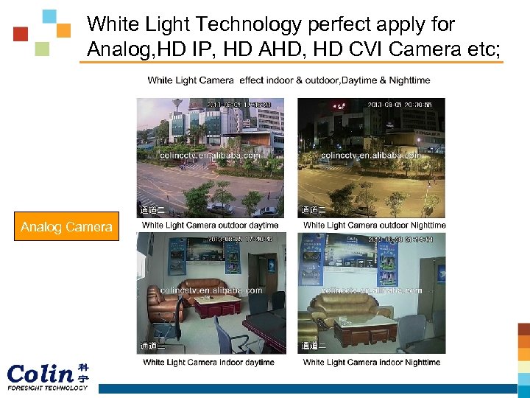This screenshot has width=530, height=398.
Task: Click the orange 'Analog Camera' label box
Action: (x=66, y=227)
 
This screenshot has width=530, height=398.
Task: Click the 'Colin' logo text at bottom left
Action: (x=40, y=374)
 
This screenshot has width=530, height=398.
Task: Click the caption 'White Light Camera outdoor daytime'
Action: (x=211, y=225)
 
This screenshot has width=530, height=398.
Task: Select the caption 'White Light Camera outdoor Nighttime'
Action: (x=374, y=225)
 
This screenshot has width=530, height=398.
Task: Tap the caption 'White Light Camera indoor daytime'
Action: (x=208, y=362)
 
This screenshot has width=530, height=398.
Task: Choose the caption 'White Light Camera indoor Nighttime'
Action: (x=371, y=362)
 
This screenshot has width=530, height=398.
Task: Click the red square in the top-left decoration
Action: (x=21, y=34)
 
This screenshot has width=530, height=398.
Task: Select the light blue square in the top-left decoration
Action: (x=49, y=16)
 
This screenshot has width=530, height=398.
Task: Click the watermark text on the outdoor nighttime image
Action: (x=371, y=156)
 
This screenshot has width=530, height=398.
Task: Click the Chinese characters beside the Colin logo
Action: (x=83, y=373)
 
